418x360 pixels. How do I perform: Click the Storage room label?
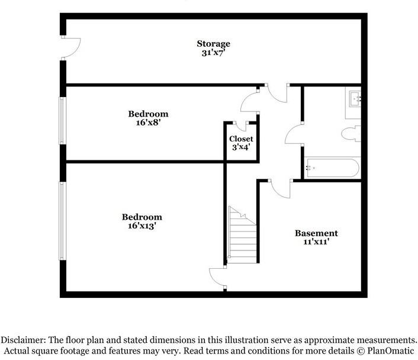tap(213, 44)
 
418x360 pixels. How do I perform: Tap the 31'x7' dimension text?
tap(213, 53)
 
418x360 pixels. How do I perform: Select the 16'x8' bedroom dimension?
tap(148, 123)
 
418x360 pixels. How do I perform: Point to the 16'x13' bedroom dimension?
tap(142, 226)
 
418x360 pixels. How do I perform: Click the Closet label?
tap(241, 139)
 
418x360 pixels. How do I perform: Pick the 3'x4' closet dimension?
tap(241, 147)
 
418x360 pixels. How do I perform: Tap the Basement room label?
tap(316, 233)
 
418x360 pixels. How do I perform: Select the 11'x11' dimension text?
tap(316, 242)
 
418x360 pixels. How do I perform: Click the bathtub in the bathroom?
tap(332, 168)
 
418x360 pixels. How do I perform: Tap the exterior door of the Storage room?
tap(71, 48)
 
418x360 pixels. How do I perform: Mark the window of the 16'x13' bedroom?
tap(61, 220)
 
